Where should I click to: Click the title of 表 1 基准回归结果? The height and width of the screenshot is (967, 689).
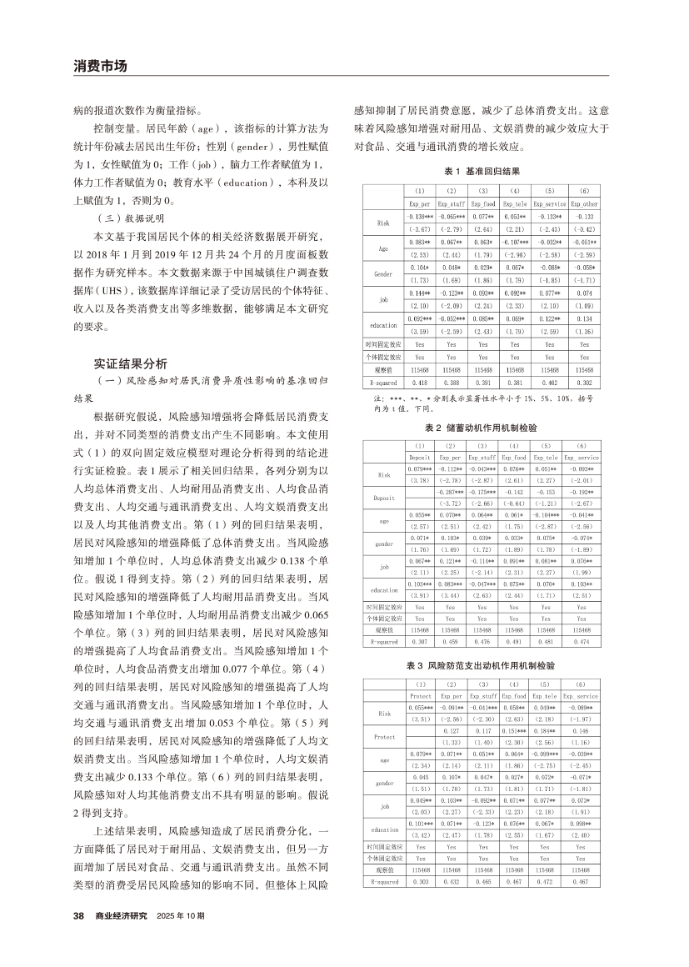click(x=482, y=170)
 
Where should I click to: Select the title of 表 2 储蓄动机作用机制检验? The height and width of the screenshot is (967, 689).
click(x=482, y=427)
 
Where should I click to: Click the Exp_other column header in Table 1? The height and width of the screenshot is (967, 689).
click(x=584, y=203)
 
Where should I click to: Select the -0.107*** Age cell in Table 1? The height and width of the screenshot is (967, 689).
click(x=514, y=243)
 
